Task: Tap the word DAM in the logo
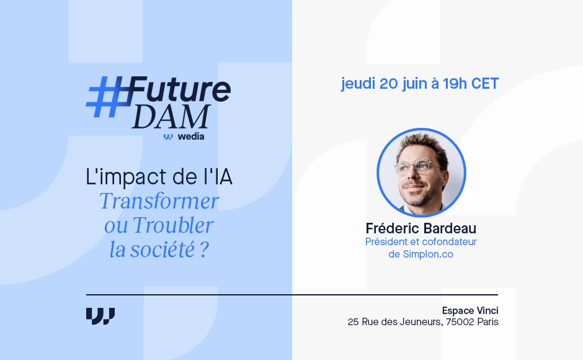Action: pos(171,117)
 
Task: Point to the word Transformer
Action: pos(159,202)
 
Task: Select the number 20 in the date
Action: pos(388,84)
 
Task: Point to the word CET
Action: pos(484,84)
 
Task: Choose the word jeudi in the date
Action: pos(358,84)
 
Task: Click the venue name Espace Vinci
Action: pos(470,310)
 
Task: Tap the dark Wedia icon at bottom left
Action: pos(100,315)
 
